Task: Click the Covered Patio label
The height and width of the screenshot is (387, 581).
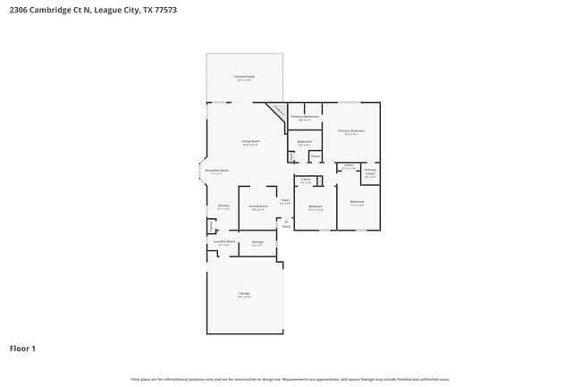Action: (244, 77)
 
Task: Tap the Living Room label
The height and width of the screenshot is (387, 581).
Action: (249, 141)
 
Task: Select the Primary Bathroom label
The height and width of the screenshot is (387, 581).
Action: (305, 117)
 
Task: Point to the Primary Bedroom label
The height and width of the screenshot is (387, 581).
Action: (350, 131)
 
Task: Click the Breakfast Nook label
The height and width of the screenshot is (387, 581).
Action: (216, 171)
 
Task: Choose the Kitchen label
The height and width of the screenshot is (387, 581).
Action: (223, 206)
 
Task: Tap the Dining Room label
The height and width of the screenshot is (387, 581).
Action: (258, 206)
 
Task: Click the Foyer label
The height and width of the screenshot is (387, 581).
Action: (285, 201)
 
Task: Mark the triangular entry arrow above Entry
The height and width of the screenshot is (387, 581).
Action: (286, 222)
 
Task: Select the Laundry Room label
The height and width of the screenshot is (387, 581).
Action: (224, 241)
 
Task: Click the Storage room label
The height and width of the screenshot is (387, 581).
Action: (257, 242)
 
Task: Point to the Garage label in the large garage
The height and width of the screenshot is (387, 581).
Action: (244, 294)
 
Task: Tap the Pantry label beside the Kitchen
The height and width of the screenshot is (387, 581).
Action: (211, 225)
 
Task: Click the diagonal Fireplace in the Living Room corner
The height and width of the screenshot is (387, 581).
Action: (278, 112)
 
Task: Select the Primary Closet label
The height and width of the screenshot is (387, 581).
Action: (370, 171)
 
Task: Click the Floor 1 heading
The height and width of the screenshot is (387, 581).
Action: (22, 348)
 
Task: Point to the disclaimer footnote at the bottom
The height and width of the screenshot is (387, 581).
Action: (290, 379)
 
